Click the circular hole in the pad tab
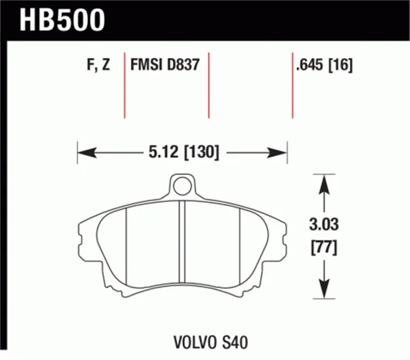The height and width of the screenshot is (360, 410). [180, 184]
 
